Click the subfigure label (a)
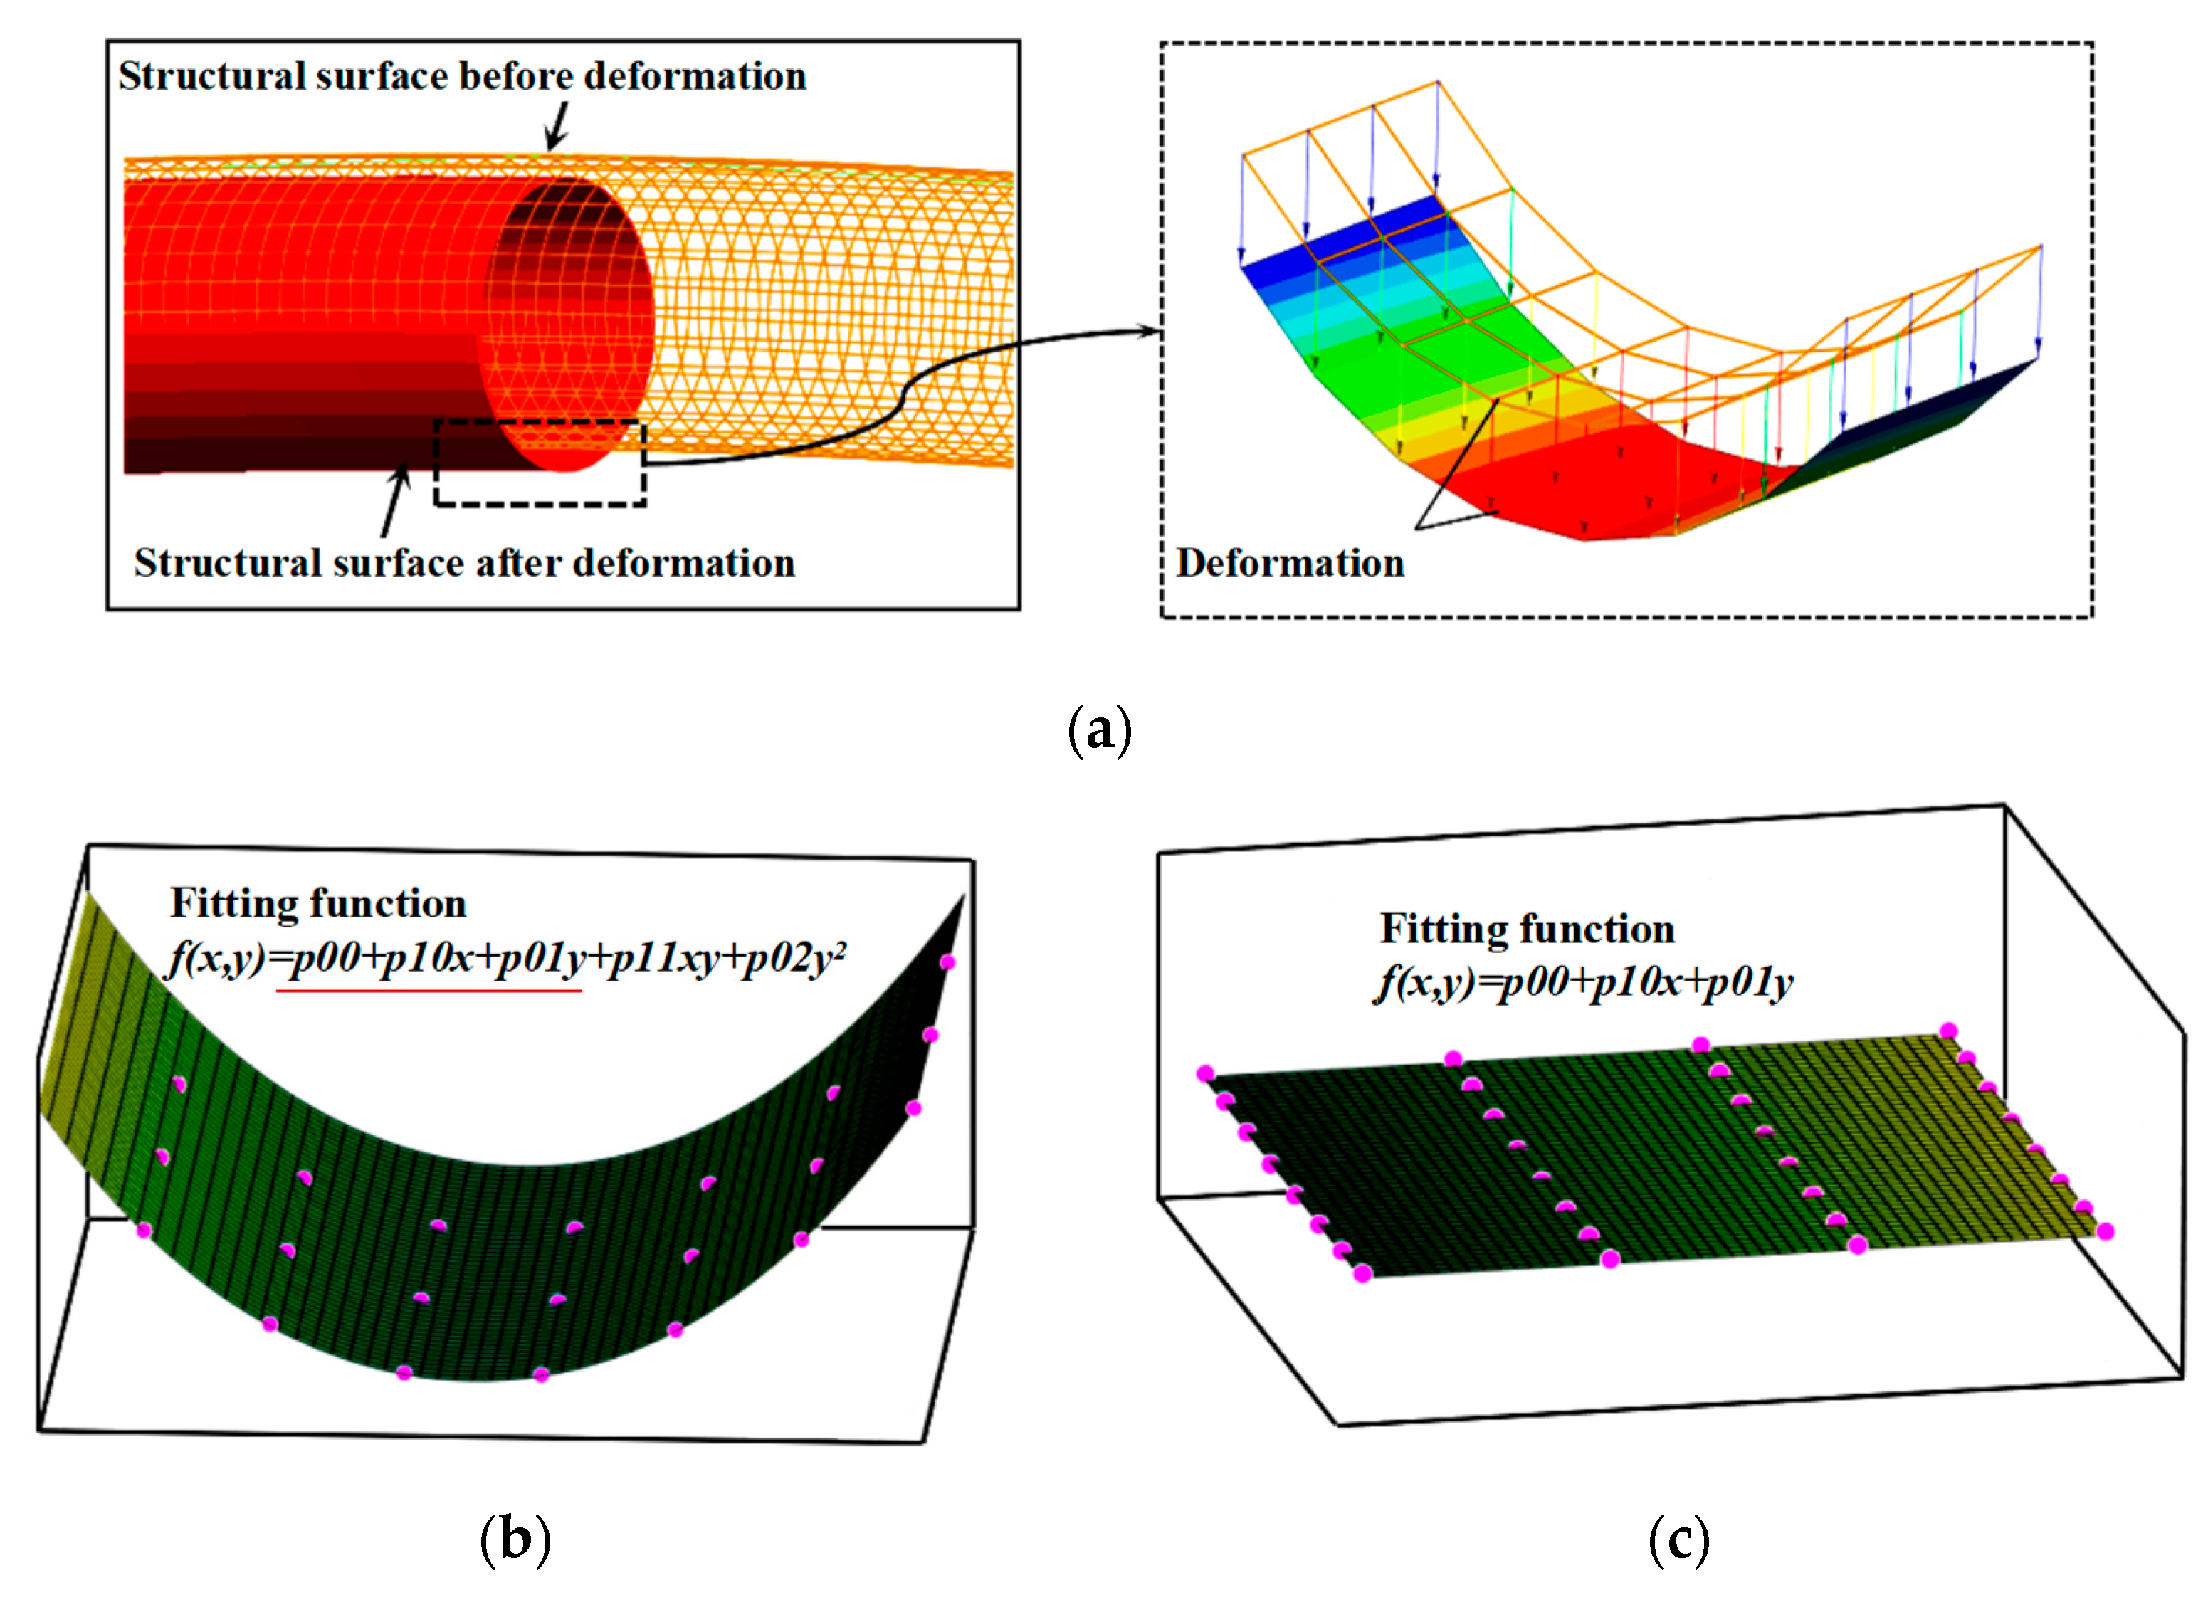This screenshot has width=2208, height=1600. (1100, 731)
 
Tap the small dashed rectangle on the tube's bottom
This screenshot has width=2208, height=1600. (540, 463)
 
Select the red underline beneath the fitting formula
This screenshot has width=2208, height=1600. (429, 991)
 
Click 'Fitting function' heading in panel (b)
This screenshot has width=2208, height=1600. (318, 904)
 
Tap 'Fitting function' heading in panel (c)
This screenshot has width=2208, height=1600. (1527, 930)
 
